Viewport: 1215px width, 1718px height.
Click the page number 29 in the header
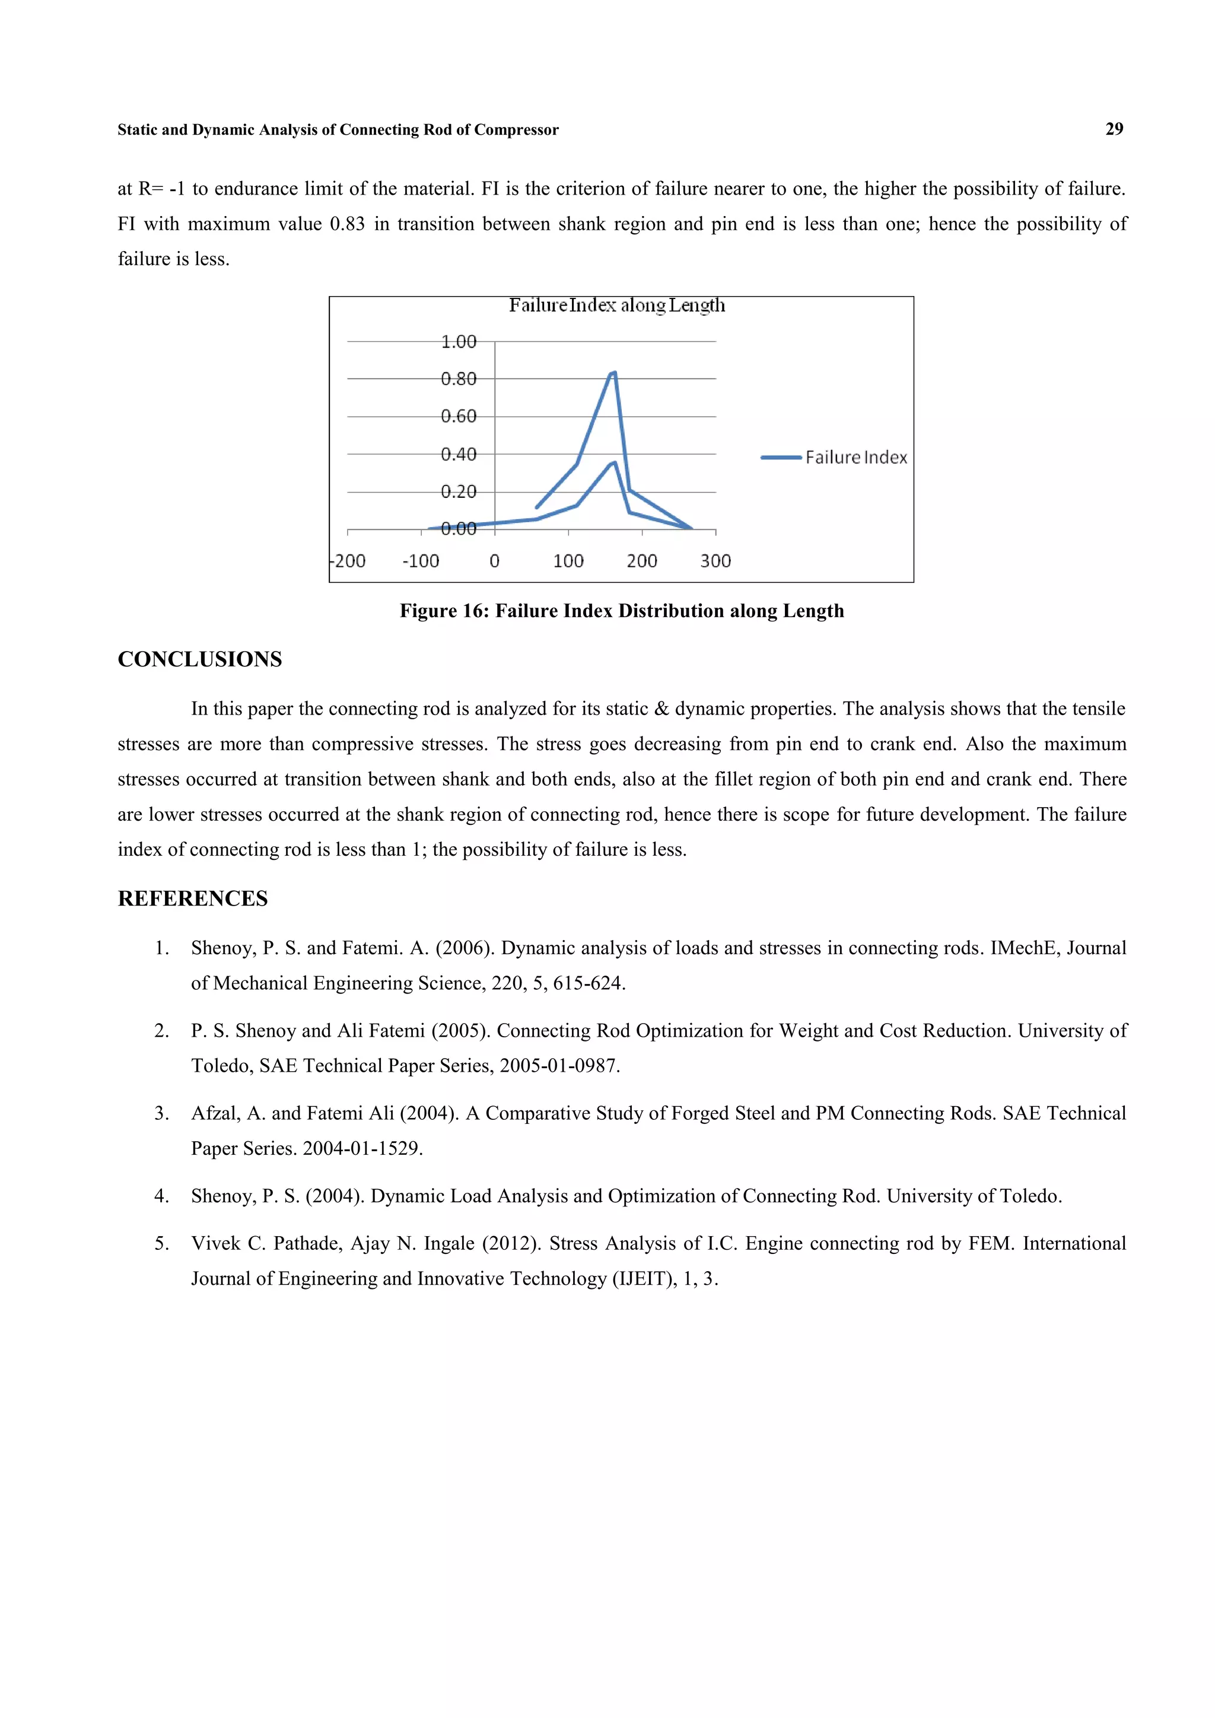tap(1114, 129)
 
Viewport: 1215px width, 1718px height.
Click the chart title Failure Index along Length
tap(616, 305)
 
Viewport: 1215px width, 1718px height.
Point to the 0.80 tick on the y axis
tap(458, 379)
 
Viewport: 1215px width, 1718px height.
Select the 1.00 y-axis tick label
tap(458, 341)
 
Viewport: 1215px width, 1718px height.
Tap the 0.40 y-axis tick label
tap(458, 454)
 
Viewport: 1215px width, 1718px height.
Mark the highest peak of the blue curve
tap(614, 372)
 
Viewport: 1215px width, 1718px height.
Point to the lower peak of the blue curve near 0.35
tap(614, 462)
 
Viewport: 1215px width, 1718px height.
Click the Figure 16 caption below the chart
tap(621, 611)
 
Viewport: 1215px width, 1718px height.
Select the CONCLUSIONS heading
tap(200, 659)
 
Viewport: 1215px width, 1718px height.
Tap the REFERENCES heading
tap(192, 898)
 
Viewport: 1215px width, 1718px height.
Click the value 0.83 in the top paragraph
tap(347, 224)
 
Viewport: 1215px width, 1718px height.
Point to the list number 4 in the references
tap(161, 1196)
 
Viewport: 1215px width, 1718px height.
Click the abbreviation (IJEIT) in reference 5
tap(644, 1278)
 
